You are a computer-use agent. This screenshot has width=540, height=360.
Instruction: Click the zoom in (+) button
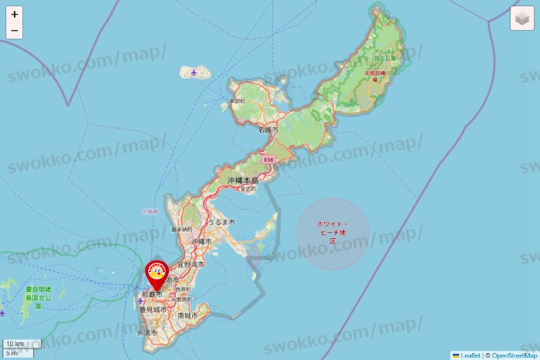15,14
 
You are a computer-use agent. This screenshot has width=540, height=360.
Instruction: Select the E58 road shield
268,160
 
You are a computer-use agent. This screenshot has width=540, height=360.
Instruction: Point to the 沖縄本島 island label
242,180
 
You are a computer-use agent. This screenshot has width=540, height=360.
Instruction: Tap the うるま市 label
221,222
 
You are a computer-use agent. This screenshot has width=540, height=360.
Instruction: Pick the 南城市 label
187,316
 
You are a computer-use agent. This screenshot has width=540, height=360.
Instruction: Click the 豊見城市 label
154,309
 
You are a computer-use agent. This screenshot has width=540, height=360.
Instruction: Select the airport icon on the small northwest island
193,73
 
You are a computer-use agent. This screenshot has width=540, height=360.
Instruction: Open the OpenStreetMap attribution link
515,355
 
